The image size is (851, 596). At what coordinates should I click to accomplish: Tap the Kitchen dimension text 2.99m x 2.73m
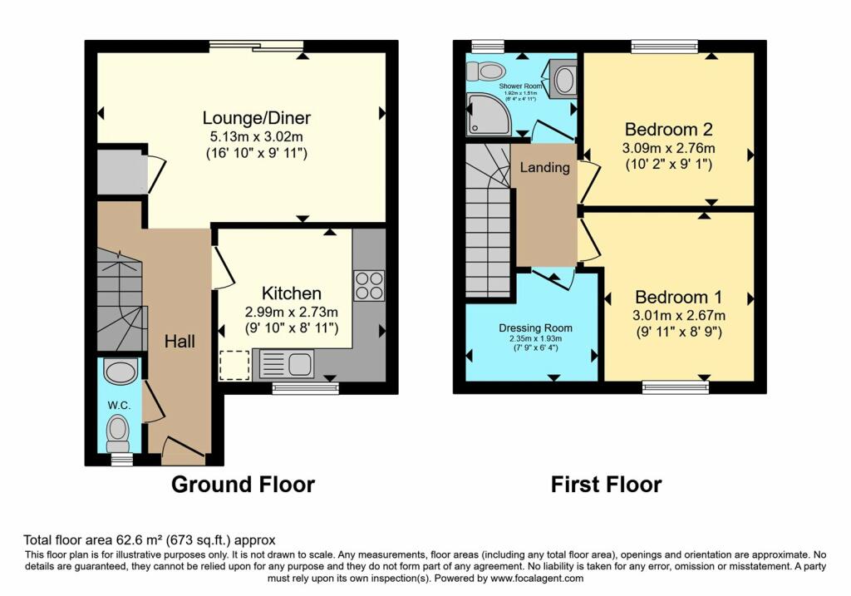[293, 312]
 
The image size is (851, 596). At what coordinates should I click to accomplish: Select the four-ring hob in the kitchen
[369, 285]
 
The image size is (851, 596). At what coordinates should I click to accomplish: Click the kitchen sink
[286, 363]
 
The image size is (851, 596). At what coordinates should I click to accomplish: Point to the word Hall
[180, 341]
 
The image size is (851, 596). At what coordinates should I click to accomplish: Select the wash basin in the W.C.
[121, 371]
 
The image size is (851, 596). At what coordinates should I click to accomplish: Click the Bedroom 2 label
[668, 130]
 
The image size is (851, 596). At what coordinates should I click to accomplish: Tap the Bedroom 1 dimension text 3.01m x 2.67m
[680, 315]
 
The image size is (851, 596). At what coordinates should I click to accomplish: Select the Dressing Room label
[536, 328]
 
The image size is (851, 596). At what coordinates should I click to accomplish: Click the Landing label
[544, 167]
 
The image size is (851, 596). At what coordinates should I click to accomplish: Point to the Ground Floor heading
[243, 485]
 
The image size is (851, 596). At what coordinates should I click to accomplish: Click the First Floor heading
[606, 485]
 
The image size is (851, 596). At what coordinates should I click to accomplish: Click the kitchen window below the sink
[305, 387]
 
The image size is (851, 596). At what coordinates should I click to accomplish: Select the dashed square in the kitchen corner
[234, 364]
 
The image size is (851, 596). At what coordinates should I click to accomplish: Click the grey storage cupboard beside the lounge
[120, 172]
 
